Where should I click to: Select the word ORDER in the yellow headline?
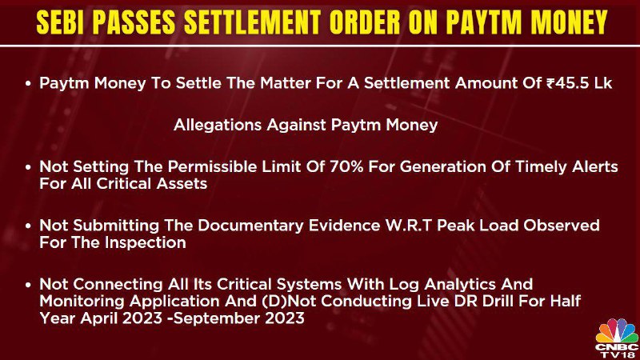[x=365, y=22]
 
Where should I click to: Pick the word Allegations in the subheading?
[x=217, y=125]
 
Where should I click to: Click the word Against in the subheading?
[x=297, y=125]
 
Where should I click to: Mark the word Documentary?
[x=250, y=226]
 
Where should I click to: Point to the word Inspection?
[x=146, y=242]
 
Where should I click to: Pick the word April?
[x=98, y=318]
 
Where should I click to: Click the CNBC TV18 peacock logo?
[x=616, y=338]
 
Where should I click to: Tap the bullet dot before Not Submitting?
[x=28, y=226]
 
